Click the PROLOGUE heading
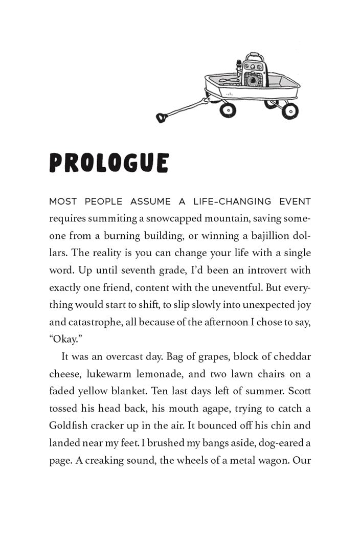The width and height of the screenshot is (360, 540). [x=109, y=163]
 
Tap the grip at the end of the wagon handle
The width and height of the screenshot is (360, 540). [x=162, y=118]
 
